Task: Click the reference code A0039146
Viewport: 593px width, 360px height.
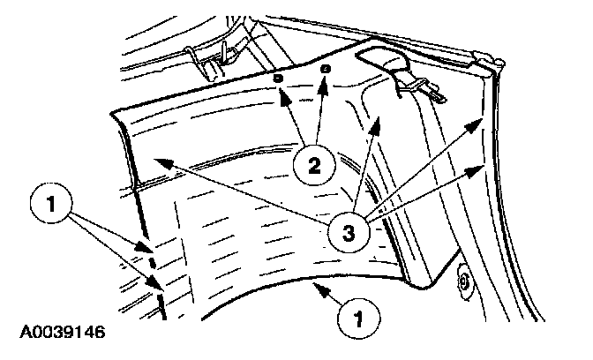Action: (58, 334)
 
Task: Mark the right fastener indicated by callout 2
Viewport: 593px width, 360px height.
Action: (326, 68)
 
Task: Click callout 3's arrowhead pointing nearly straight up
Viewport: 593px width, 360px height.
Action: (379, 117)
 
